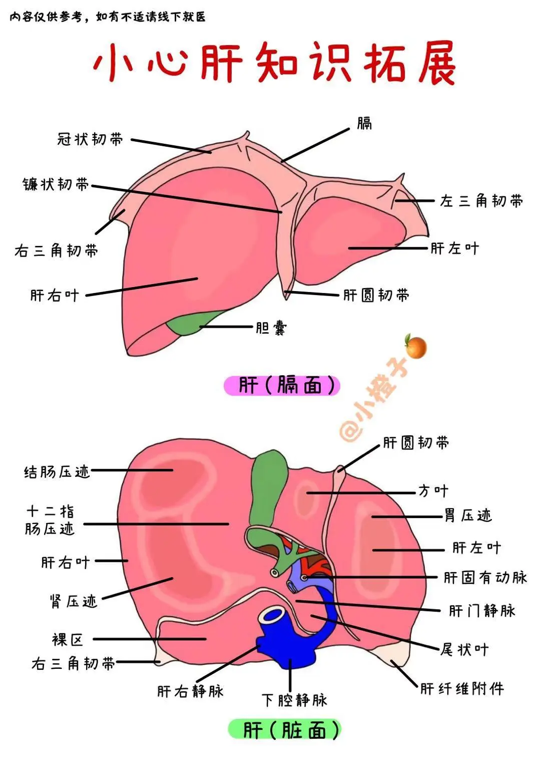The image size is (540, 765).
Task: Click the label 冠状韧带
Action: pyautogui.click(x=90, y=139)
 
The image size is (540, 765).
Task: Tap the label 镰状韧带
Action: pyautogui.click(x=56, y=184)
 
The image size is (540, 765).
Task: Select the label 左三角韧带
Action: pyautogui.click(x=481, y=201)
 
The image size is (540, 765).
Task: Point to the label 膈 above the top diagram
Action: pyautogui.click(x=364, y=124)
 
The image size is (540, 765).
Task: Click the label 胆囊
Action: pyautogui.click(x=271, y=328)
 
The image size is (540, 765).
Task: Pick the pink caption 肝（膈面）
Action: pyautogui.click(x=282, y=386)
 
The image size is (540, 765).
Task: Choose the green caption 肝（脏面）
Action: pyautogui.click(x=284, y=729)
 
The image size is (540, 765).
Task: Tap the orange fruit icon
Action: pyautogui.click(x=416, y=347)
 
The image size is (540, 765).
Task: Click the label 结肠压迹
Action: pyautogui.click(x=57, y=471)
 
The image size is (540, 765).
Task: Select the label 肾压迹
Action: pyautogui.click(x=74, y=601)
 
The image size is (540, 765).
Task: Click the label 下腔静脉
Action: pyautogui.click(x=294, y=699)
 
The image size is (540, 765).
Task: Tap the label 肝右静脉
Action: pyautogui.click(x=190, y=691)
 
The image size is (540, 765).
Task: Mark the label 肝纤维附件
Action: pyautogui.click(x=461, y=688)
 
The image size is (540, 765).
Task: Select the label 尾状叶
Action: pyautogui.click(x=464, y=650)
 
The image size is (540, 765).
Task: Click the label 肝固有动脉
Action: pyautogui.click(x=485, y=578)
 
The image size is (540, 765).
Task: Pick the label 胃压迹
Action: pyautogui.click(x=468, y=516)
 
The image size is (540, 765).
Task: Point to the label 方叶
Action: pyautogui.click(x=433, y=491)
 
